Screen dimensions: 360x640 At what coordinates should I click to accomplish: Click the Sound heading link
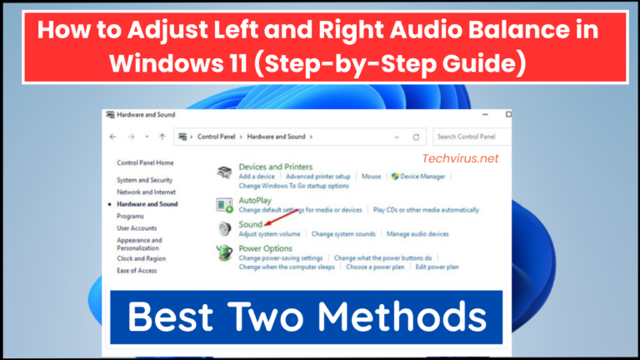click(x=250, y=225)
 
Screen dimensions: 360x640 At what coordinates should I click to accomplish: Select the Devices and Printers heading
click(x=275, y=167)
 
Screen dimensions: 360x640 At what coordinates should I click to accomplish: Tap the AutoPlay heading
click(x=255, y=201)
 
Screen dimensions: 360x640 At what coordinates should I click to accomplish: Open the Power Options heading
click(x=265, y=248)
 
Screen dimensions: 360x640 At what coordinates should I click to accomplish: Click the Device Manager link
click(x=424, y=177)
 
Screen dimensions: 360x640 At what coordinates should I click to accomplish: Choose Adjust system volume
click(x=270, y=234)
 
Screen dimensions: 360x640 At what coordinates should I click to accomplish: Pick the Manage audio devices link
click(x=417, y=234)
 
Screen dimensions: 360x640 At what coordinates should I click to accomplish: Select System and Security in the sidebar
click(x=144, y=180)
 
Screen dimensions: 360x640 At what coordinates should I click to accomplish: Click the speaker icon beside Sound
click(x=224, y=228)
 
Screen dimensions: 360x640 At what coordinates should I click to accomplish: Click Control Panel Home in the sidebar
click(x=145, y=162)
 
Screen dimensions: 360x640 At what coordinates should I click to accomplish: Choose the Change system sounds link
click(x=343, y=234)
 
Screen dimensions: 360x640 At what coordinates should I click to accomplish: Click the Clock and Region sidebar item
click(x=141, y=258)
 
